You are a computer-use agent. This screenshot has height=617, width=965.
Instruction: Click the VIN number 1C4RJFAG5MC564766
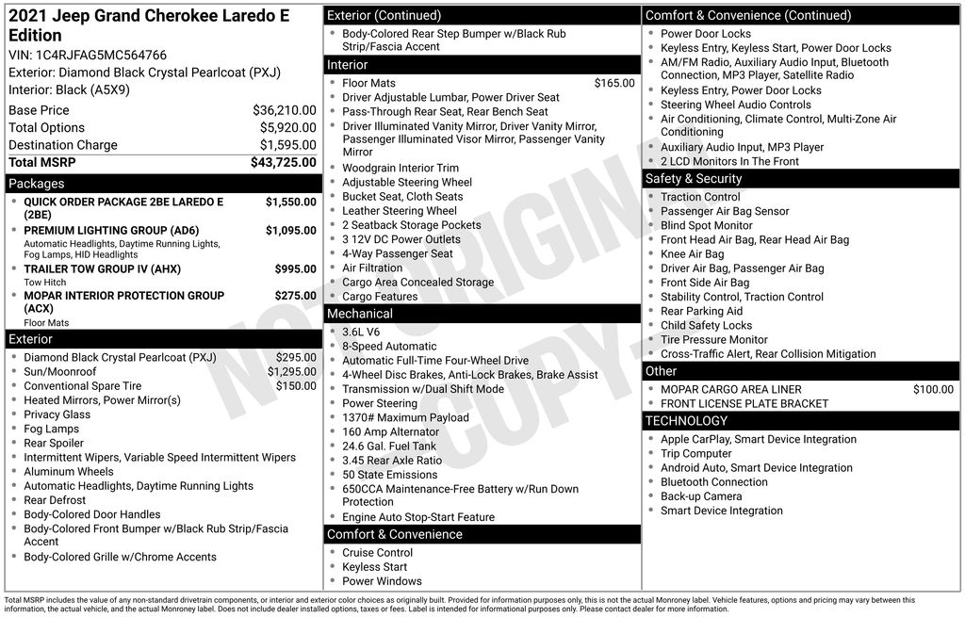pyautogui.click(x=101, y=55)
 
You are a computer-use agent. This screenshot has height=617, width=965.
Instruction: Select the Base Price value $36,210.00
pyautogui.click(x=284, y=110)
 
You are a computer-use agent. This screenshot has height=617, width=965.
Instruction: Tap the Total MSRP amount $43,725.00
pyautogui.click(x=283, y=162)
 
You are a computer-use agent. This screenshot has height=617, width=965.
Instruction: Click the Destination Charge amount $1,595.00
pyautogui.click(x=287, y=145)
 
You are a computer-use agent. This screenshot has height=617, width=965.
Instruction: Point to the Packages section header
pyautogui.click(x=36, y=184)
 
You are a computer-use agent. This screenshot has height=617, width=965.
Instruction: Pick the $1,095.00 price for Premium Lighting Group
pyautogui.click(x=290, y=231)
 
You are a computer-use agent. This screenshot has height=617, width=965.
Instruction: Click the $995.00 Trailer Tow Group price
pyautogui.click(x=295, y=269)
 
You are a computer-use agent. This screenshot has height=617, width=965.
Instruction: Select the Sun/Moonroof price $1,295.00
pyautogui.click(x=292, y=371)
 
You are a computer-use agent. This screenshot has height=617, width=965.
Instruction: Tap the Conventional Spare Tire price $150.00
pyautogui.click(x=296, y=385)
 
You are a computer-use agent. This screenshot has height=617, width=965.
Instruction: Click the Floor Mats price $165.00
pyautogui.click(x=614, y=83)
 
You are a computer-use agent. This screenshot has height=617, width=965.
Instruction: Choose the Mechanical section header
pyautogui.click(x=359, y=314)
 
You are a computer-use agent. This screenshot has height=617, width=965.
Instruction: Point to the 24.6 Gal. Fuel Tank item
pyautogui.click(x=389, y=447)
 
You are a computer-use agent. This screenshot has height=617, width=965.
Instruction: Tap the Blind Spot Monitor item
pyautogui.click(x=706, y=225)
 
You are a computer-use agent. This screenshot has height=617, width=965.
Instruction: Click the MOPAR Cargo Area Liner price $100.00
pyautogui.click(x=933, y=389)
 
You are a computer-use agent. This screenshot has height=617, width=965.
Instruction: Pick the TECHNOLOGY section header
pyautogui.click(x=686, y=420)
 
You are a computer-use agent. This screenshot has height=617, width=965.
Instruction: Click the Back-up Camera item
pyautogui.click(x=700, y=496)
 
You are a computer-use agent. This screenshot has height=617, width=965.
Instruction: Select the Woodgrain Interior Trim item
pyautogui.click(x=401, y=168)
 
